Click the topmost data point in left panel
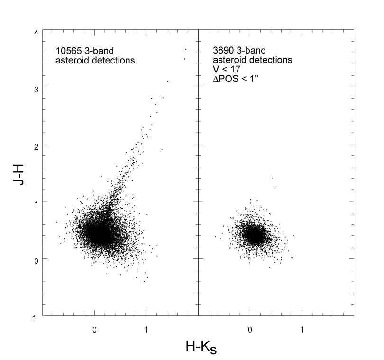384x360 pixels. [x=186, y=49]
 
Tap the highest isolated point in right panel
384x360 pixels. [x=273, y=178]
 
